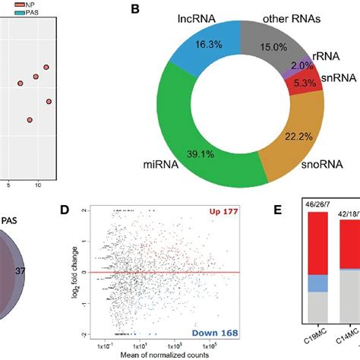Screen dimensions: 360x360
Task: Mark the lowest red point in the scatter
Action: point(30,119)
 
